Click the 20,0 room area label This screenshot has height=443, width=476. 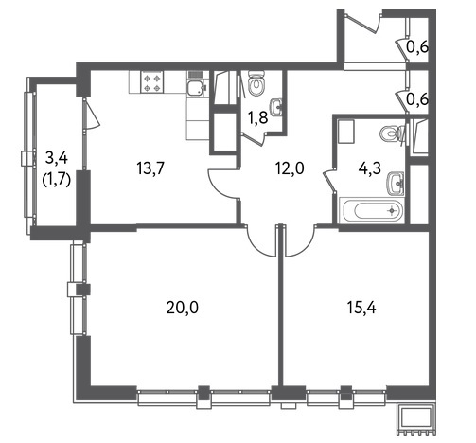[183, 308]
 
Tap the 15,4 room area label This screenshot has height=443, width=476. [361, 308]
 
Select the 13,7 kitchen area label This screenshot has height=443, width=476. [150, 168]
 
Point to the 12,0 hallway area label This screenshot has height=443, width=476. [289, 168]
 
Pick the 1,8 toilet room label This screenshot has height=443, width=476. [257, 118]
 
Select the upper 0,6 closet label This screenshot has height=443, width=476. [417, 47]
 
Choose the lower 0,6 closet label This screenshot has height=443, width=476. [417, 99]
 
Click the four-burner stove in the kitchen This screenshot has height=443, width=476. [153, 81]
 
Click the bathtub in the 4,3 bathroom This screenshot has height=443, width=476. [371, 210]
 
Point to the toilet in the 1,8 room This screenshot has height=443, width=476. [256, 83]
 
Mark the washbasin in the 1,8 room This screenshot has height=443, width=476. [276, 106]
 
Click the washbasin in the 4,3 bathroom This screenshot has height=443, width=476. [396, 183]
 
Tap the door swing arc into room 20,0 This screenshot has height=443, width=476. [256, 246]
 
